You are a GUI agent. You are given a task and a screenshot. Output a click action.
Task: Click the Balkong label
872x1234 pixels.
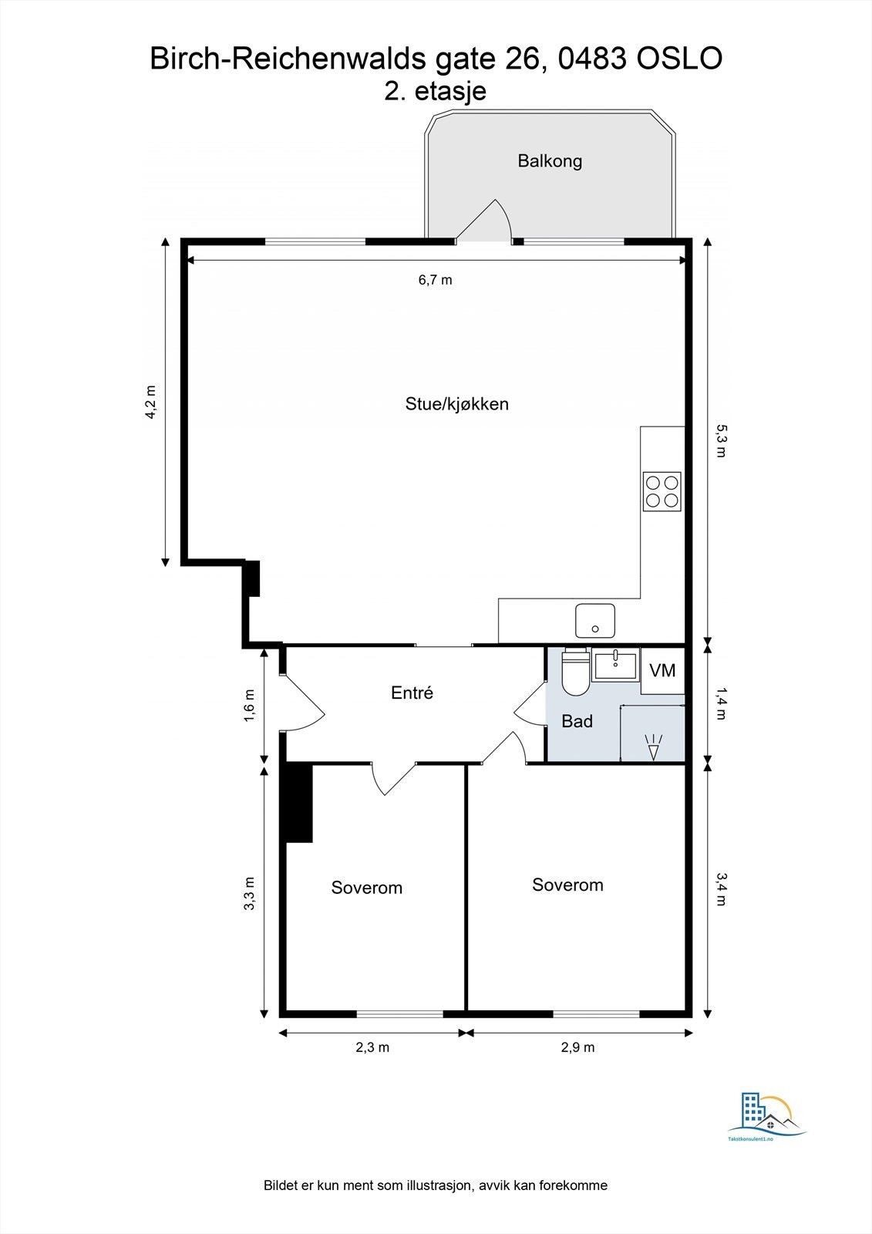549,161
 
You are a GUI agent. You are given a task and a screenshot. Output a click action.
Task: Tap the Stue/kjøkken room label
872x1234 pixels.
456,404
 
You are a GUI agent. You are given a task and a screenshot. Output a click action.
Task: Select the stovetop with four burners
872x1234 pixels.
662,491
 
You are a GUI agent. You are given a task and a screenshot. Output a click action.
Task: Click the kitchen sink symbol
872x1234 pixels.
594,621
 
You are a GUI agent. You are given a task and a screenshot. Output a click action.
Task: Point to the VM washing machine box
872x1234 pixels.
662,670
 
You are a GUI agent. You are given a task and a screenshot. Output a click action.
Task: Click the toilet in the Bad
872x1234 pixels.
575,672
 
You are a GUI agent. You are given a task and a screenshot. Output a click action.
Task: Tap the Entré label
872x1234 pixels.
412,693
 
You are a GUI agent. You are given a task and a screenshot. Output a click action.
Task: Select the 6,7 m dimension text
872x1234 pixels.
435,280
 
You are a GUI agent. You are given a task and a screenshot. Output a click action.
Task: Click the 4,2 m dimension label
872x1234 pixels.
151,402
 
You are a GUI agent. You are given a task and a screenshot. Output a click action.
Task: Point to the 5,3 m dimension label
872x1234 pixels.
720,440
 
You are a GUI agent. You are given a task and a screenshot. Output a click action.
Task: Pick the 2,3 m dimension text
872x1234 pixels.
372,1047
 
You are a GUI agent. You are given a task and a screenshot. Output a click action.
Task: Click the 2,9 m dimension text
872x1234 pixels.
577,1047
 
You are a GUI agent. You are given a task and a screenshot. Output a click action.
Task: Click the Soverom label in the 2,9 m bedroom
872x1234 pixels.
567,885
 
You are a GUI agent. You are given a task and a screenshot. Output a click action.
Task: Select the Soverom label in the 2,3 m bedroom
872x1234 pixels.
366,888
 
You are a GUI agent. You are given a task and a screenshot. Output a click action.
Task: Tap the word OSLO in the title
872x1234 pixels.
679,59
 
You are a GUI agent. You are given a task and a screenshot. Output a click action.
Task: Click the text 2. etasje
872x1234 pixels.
435,91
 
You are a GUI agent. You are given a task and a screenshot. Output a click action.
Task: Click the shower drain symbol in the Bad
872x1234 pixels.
653,747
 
